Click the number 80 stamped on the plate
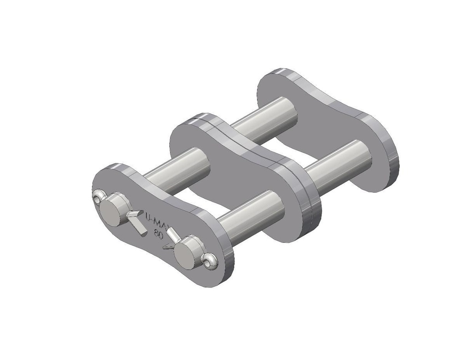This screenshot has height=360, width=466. (x=159, y=235)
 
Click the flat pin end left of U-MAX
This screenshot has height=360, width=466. (x=111, y=209)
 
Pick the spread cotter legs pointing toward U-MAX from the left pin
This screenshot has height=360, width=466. (x=135, y=220)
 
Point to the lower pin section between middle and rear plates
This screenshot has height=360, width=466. (x=337, y=164)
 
